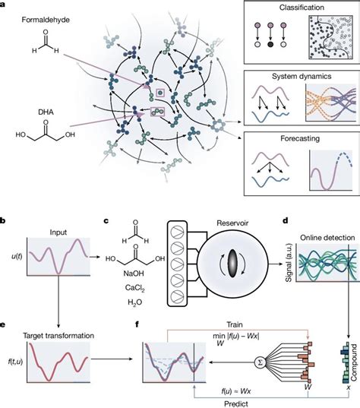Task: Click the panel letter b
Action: (4, 220)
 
